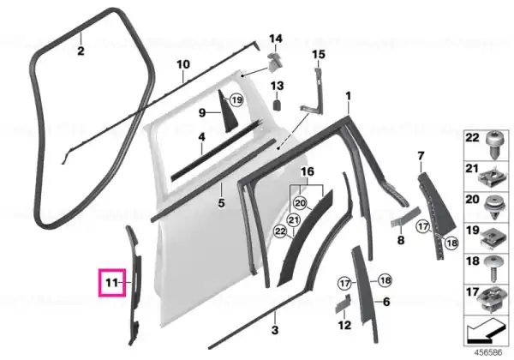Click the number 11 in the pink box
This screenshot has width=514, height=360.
111,282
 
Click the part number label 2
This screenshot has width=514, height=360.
81,51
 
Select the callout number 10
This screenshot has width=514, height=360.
183,64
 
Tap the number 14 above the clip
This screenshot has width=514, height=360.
276,39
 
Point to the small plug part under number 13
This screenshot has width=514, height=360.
278,105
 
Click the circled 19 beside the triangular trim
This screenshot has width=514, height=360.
236,99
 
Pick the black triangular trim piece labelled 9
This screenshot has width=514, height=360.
227,111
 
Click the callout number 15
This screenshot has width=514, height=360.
319,54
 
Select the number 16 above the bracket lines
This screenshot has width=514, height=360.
308,171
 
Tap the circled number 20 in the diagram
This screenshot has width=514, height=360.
300,203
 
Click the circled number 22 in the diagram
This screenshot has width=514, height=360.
280,231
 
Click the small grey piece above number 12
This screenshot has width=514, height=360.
343,304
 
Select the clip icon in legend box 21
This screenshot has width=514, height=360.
492,177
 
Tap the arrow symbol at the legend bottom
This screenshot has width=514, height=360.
484,330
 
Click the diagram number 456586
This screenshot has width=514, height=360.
488,353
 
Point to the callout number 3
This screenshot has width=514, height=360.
275,330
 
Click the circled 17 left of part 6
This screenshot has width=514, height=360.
344,283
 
